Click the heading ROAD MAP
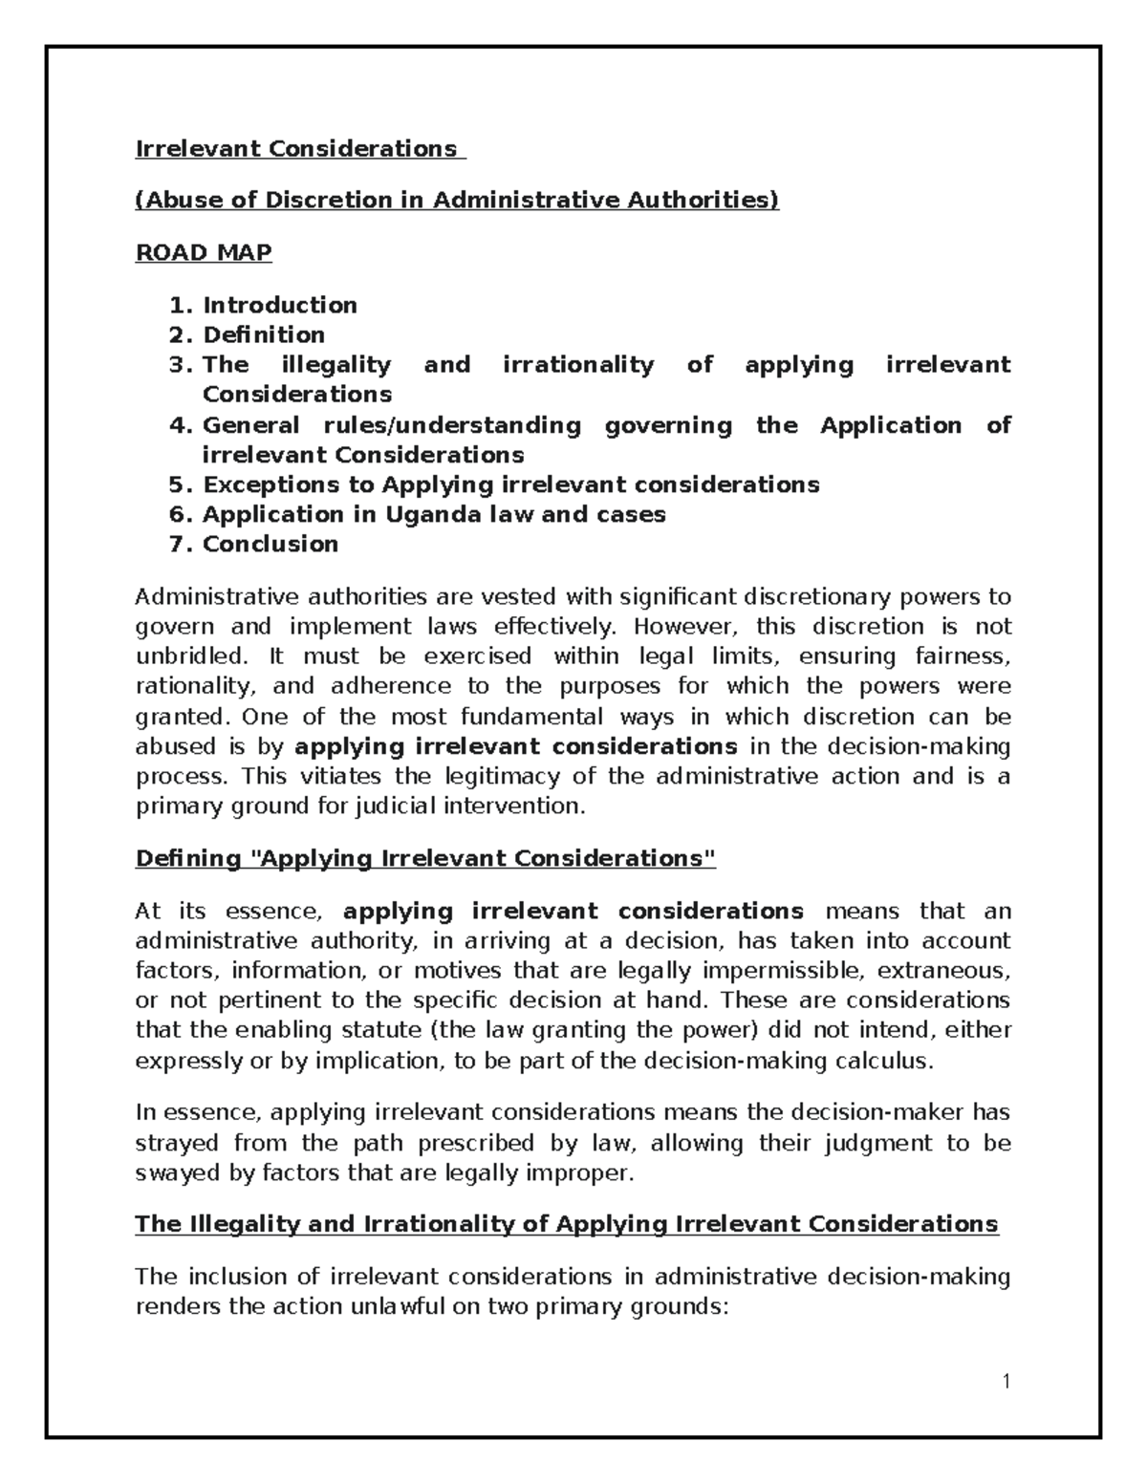click(204, 252)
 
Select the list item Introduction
click(279, 305)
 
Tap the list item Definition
click(263, 334)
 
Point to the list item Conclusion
click(270, 544)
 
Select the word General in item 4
click(250, 425)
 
